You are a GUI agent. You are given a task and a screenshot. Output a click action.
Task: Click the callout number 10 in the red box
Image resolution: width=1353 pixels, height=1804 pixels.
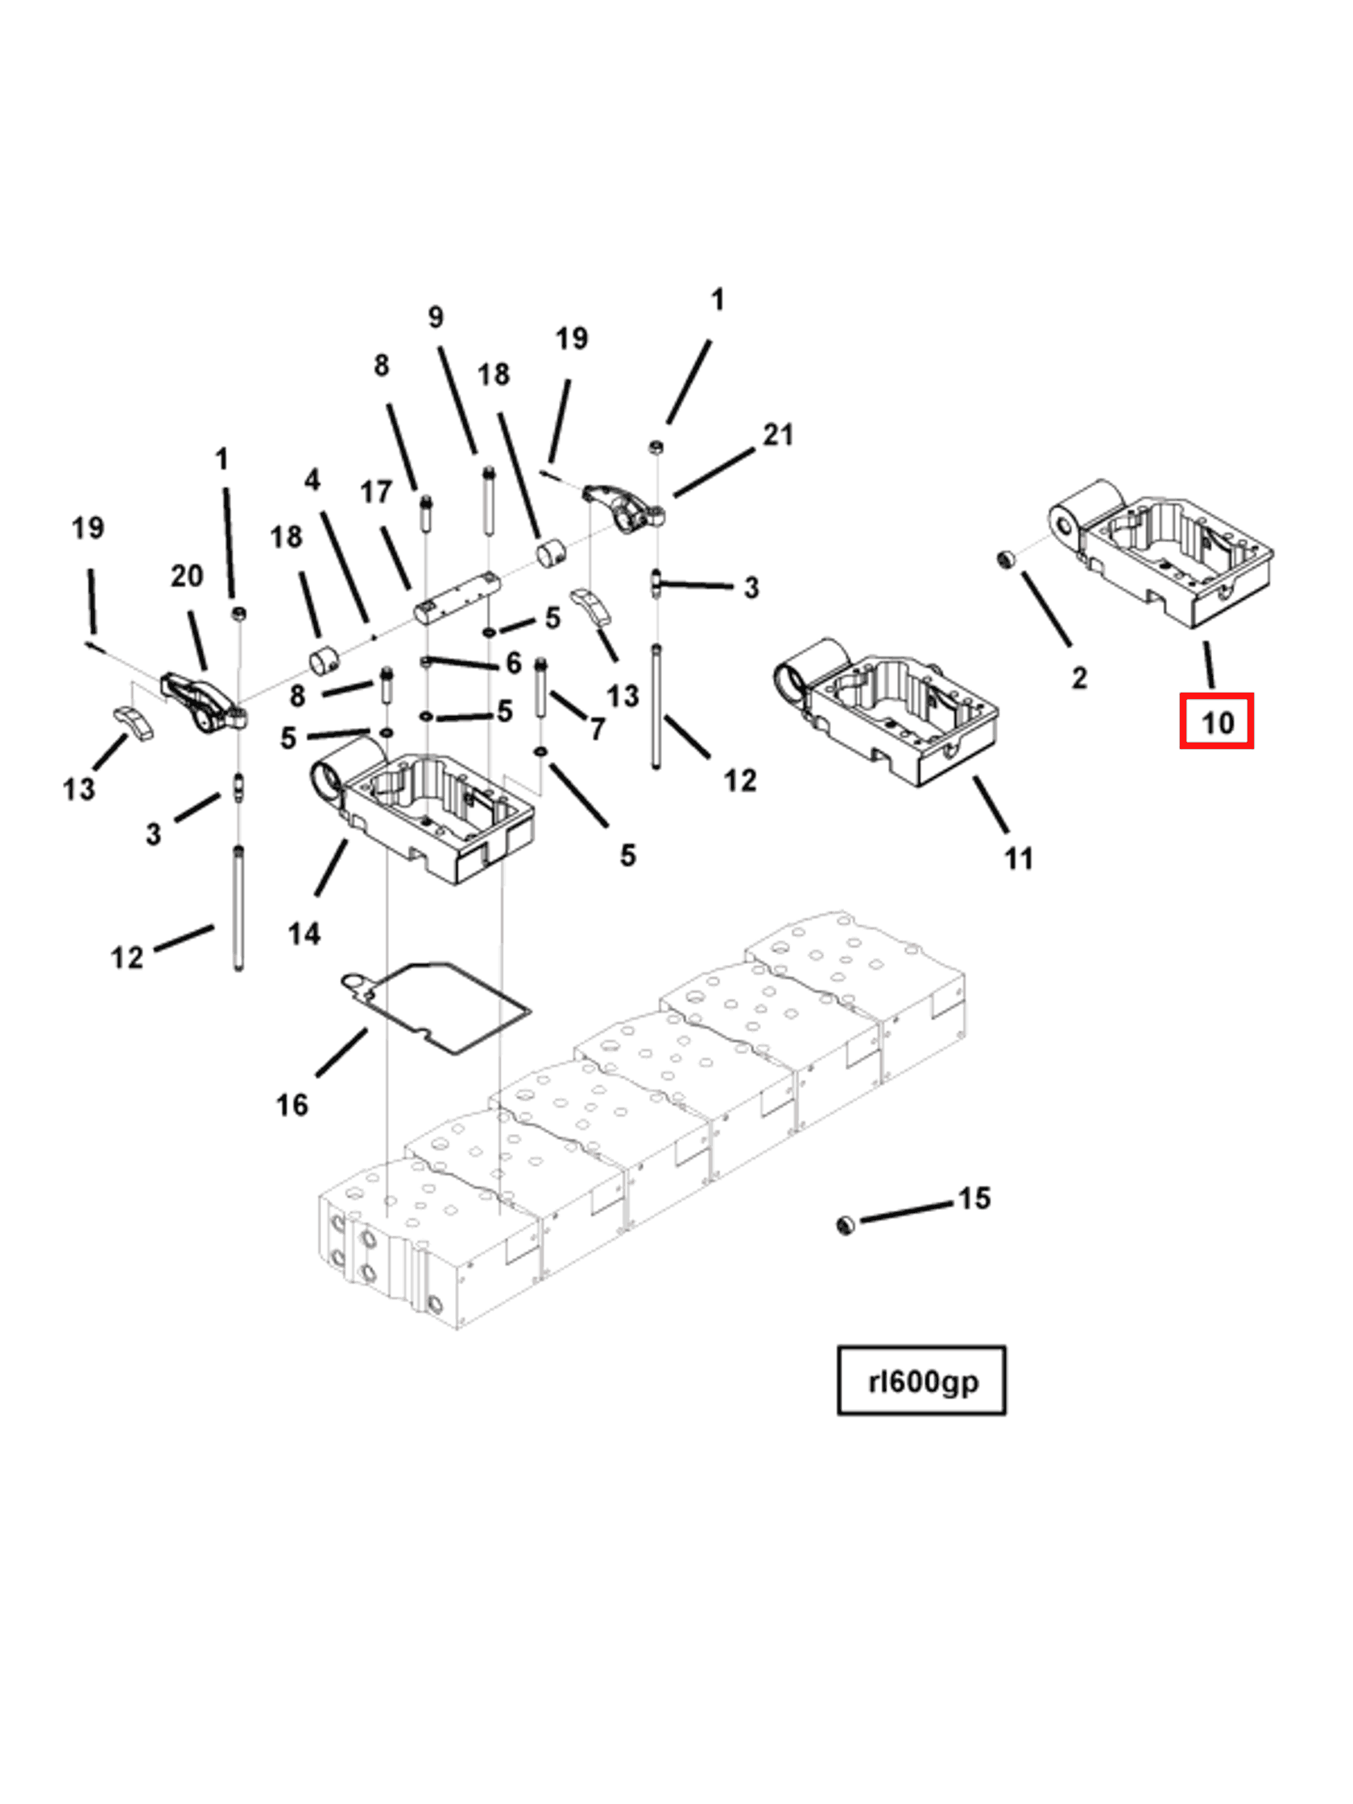1216,721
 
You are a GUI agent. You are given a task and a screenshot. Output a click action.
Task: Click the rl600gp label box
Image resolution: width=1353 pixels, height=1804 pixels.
921,1380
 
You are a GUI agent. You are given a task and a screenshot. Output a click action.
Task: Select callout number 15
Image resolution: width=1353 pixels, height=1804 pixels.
974,1198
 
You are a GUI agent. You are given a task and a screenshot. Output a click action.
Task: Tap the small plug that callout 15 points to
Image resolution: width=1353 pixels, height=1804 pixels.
846,1224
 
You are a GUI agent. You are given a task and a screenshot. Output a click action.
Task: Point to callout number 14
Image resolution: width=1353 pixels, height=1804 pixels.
304,933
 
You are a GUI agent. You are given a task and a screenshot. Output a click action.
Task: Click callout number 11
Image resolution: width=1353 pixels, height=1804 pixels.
1018,858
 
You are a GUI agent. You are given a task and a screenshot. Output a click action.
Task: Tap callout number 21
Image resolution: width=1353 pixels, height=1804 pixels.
777,435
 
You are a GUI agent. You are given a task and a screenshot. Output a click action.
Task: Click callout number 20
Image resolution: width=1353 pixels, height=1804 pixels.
186,576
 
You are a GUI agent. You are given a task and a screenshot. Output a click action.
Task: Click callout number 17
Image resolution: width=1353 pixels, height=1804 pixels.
376,492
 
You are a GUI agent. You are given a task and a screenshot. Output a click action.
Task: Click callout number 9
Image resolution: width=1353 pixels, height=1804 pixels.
436,317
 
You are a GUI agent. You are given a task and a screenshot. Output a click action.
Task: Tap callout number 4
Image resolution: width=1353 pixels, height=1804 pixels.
312,479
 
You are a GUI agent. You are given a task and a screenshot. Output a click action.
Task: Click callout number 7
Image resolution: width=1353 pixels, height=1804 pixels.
598,728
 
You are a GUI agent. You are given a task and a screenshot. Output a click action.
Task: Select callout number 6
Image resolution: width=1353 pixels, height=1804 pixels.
513,662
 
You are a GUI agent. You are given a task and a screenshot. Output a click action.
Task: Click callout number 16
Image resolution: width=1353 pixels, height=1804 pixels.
292,1105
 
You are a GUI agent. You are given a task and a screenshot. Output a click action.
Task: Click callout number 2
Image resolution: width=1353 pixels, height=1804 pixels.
1079,677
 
